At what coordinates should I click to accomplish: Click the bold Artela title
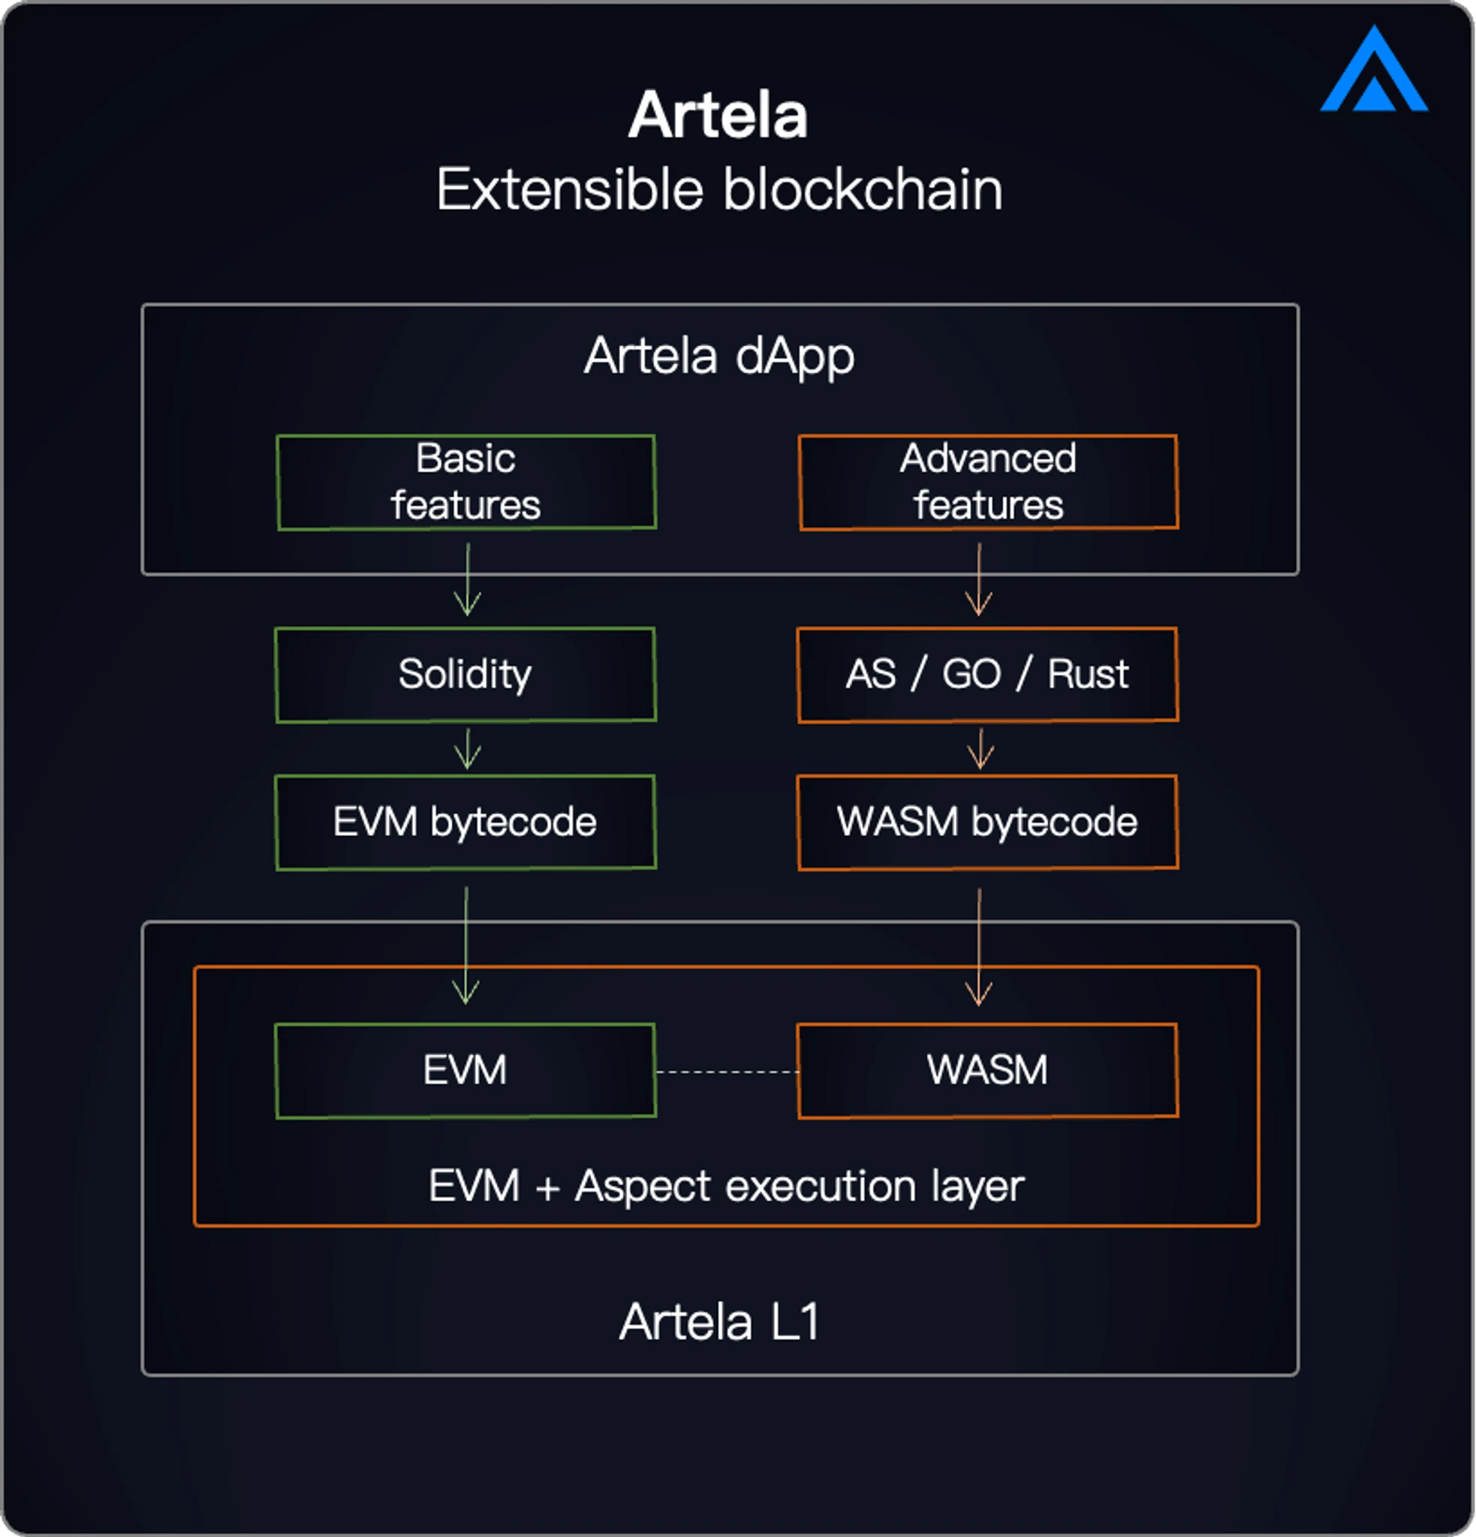point(718,116)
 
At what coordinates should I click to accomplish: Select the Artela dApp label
point(718,356)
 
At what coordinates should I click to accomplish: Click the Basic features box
point(466,483)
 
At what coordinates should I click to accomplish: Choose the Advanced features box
point(988,483)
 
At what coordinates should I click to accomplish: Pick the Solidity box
point(466,675)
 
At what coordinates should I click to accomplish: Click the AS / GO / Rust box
point(987,675)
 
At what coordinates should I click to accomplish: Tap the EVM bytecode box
point(466,823)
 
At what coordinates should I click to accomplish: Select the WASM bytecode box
point(987,823)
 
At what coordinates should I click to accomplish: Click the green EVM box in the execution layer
point(466,1070)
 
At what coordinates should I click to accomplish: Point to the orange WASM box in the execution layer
point(987,1070)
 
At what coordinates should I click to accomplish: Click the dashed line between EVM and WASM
point(727,1071)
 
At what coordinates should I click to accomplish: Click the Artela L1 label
point(719,1323)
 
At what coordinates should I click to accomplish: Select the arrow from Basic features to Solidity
point(468,580)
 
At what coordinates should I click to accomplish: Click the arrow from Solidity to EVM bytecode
point(468,749)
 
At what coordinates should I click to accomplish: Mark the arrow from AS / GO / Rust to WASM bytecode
point(980,749)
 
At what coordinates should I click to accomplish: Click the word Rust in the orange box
point(1088,675)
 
